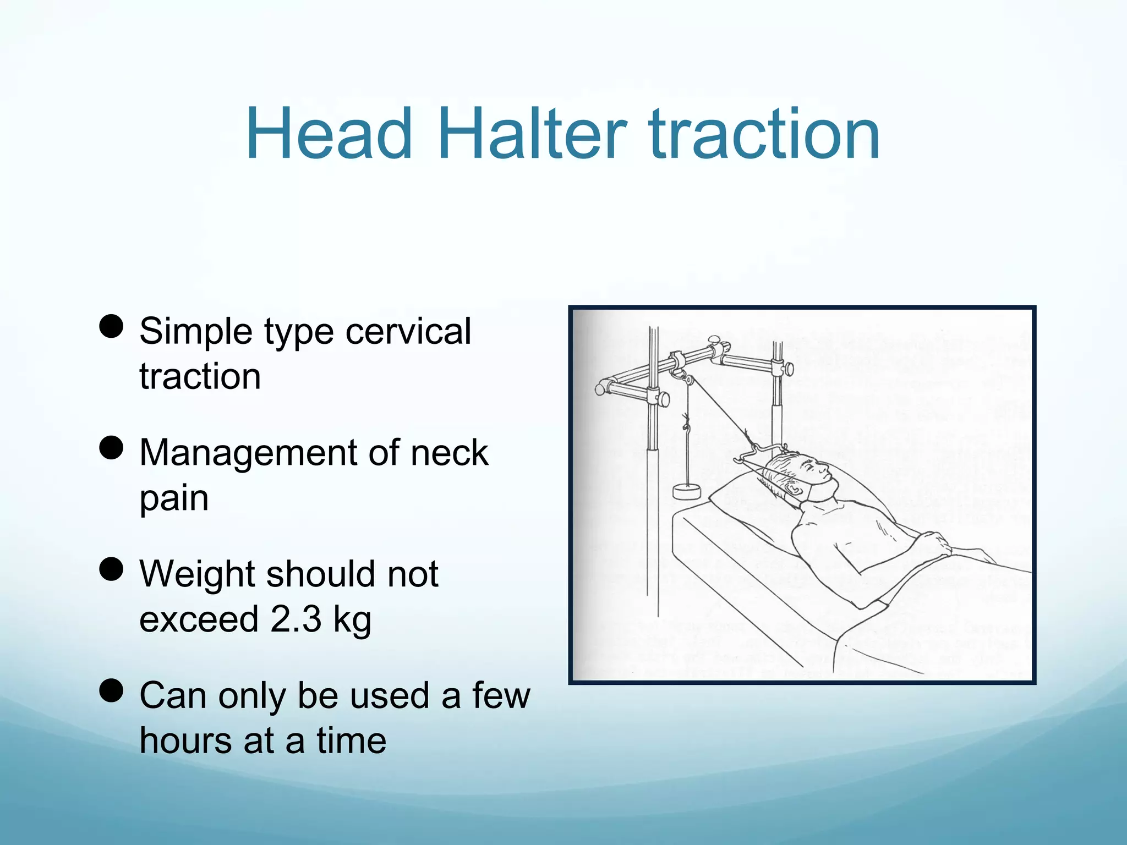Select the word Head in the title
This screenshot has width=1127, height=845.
[329, 135]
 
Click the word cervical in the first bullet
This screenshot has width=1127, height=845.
[408, 332]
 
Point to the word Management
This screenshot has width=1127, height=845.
[248, 453]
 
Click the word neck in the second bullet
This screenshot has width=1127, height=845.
[449, 453]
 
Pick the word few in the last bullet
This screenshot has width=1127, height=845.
[501, 695]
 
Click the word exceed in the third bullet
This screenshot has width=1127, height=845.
[199, 619]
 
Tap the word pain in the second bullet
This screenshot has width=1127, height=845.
[174, 498]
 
